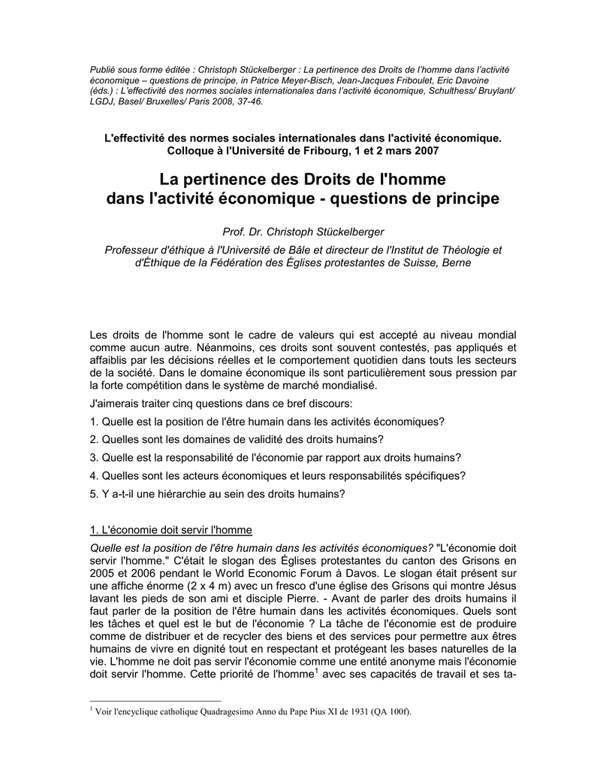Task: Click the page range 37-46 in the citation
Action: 247,102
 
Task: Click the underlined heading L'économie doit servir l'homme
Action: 170,529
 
